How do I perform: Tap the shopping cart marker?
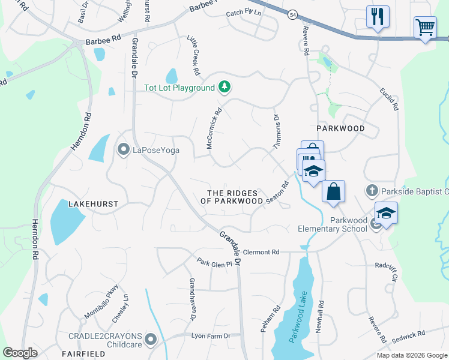coord(425,27)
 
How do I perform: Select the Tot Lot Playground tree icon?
coord(224,88)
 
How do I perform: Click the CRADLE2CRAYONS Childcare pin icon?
coord(151,340)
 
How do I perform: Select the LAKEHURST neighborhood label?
coord(93,204)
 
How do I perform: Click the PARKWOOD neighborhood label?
coord(341,128)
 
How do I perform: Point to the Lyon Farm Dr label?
coord(211,336)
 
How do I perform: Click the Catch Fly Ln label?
coord(244,13)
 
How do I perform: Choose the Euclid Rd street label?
coord(389,98)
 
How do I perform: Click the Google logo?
coord(20,353)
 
